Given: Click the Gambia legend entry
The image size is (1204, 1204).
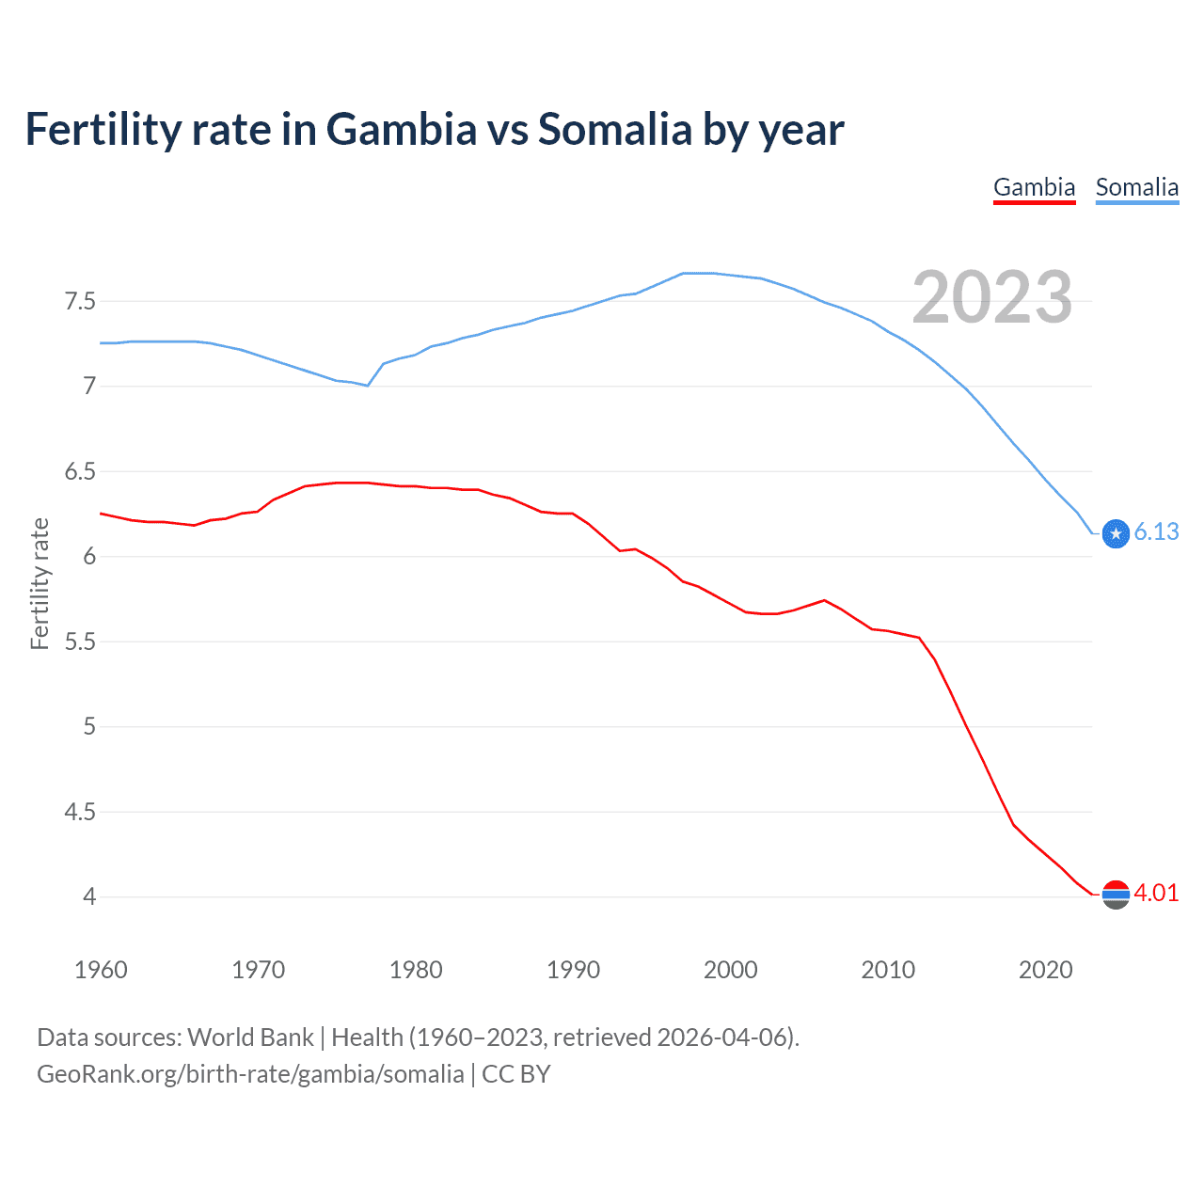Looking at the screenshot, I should click(1034, 187).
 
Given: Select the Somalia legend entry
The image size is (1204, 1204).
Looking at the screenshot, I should click(1136, 187).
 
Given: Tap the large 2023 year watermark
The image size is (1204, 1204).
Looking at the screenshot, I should click(992, 297).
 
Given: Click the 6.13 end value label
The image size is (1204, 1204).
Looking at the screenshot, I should click(1156, 531).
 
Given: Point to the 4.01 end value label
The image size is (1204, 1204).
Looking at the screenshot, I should click(1156, 893).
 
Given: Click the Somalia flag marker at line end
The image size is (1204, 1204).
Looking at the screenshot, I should click(1116, 533).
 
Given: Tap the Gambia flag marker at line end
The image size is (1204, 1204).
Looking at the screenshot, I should click(1116, 895).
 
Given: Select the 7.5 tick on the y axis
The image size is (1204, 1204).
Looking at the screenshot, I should click(80, 301).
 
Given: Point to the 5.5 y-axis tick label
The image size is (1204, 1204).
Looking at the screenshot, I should click(80, 642).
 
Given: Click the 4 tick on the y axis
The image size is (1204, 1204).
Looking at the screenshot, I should click(89, 896).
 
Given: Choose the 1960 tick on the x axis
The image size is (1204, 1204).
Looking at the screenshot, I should click(101, 970).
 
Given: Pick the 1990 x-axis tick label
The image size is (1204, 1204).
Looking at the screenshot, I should click(573, 970).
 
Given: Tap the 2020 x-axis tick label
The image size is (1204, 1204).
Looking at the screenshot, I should click(1045, 970).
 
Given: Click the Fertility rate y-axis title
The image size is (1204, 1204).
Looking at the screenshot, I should click(40, 583).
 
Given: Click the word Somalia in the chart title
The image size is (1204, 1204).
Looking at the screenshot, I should click(614, 130).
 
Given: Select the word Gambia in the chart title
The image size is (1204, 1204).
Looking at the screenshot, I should click(402, 130).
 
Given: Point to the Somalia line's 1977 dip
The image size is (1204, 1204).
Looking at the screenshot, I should click(368, 385).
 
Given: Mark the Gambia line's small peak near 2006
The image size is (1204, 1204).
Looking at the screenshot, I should click(824, 600).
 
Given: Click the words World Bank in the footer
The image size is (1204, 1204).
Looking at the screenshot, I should click(250, 1038).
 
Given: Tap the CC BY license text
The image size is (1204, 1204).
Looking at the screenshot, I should click(515, 1074).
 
